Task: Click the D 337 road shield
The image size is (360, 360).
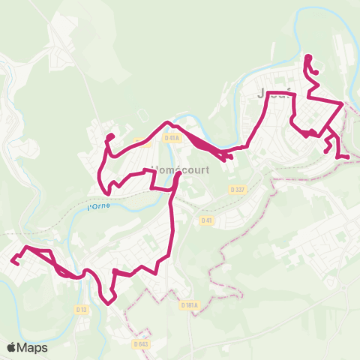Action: coord(237,190)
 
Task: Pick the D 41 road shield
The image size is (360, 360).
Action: coord(206,220)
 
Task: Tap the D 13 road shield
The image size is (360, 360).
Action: coord(82,309)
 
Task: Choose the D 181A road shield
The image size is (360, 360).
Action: coord(189,305)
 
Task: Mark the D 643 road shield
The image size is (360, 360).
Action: coord(140,344)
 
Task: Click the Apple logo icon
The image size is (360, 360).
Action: coord(12,347)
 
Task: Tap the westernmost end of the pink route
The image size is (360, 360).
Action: coord(13,261)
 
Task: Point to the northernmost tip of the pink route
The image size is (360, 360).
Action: coord(308,56)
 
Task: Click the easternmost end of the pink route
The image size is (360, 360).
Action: coord(347,157)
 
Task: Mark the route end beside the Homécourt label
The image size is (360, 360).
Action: coord(177,175)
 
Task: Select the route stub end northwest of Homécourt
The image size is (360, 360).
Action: coord(110,136)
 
